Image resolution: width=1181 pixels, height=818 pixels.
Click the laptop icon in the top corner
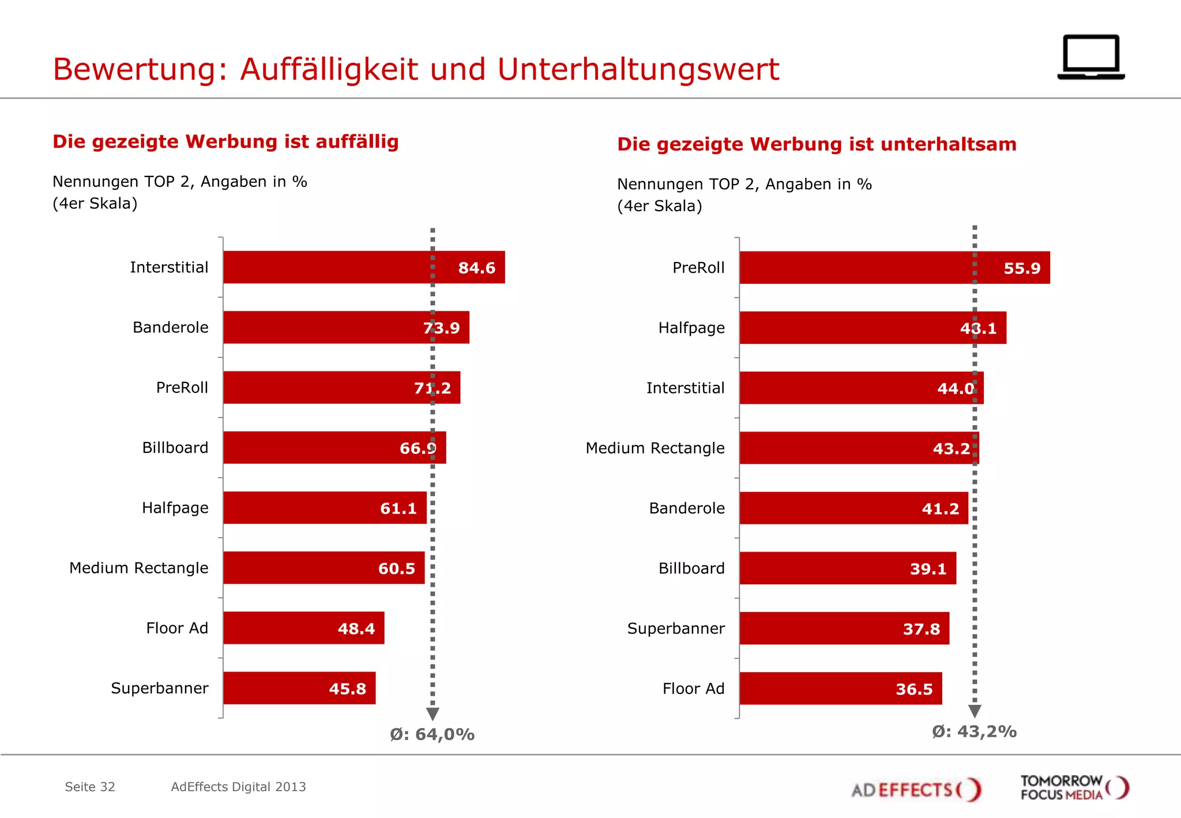pos(1090,57)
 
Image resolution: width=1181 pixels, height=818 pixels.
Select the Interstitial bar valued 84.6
pos(363,267)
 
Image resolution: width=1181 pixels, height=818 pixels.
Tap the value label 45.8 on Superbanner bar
pos(347,689)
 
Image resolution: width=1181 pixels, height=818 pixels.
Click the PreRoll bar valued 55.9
pos(894,268)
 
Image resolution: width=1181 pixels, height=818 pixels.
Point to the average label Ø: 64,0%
pos(432,734)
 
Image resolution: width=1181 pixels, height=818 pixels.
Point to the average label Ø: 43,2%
pos(974,731)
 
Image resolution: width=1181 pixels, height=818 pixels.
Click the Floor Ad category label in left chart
pos(177,628)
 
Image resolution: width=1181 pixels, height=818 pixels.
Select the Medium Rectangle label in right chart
pos(655,448)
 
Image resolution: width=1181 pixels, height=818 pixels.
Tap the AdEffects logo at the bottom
pos(916,789)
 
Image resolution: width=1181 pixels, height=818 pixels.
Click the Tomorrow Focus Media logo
pos(1074,788)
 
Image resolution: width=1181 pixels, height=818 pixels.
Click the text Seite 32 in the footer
pos(90,787)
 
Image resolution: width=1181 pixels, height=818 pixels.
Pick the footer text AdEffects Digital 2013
pos(238,787)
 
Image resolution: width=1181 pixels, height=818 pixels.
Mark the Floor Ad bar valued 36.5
pos(840,688)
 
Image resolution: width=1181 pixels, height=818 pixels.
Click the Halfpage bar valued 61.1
pos(325,508)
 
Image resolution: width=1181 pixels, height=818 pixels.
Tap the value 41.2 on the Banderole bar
pos(940,509)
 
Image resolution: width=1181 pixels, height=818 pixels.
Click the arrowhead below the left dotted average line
pos(432,714)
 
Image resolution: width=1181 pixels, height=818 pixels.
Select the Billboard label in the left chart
pos(175,448)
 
